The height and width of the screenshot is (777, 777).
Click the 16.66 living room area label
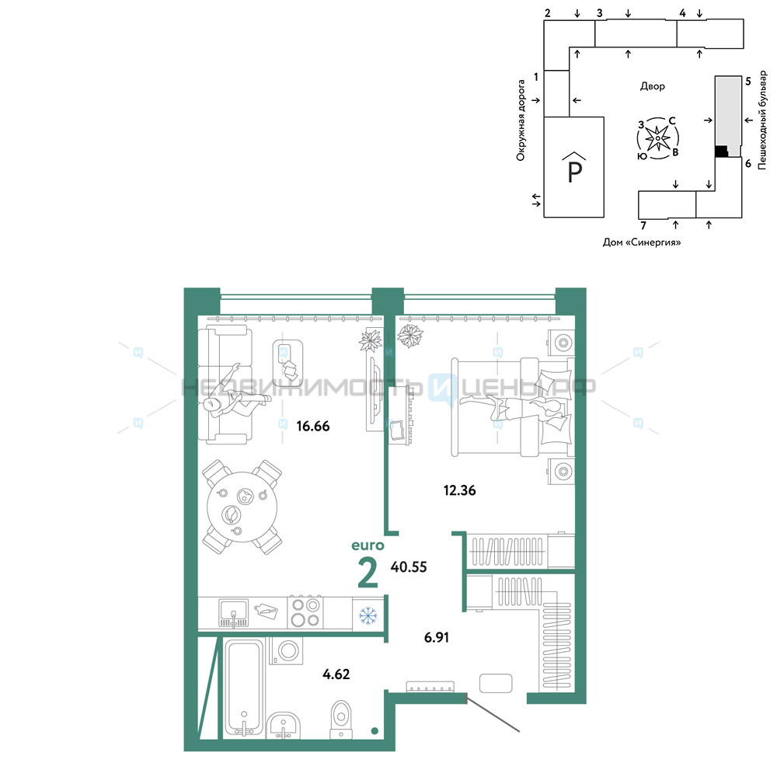pos(312,426)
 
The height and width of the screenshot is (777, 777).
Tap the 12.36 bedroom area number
pos(459,490)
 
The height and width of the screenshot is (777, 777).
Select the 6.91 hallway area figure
pos(437,637)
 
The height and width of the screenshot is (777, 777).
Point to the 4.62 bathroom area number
pos(336,674)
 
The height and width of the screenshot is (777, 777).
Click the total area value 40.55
pos(409,567)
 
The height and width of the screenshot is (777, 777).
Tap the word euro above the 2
pos(368,545)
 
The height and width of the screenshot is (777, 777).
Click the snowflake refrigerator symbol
pos(368,616)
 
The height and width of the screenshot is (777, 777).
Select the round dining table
pos(242,507)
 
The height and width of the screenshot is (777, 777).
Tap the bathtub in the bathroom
pos(244,688)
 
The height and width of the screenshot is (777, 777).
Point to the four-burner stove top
pos(305,613)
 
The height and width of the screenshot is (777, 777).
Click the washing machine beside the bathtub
pos(287,650)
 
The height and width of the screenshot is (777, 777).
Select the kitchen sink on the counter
pos(233,613)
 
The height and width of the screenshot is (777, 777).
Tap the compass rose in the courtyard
pos(657,138)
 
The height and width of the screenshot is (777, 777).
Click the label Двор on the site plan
pos(652,86)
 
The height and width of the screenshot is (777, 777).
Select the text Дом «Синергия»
pos(641,242)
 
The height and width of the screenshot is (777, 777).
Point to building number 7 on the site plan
pos(643,225)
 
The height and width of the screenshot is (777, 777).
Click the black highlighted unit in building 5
pos(722,152)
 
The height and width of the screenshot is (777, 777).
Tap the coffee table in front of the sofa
pos(287,357)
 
